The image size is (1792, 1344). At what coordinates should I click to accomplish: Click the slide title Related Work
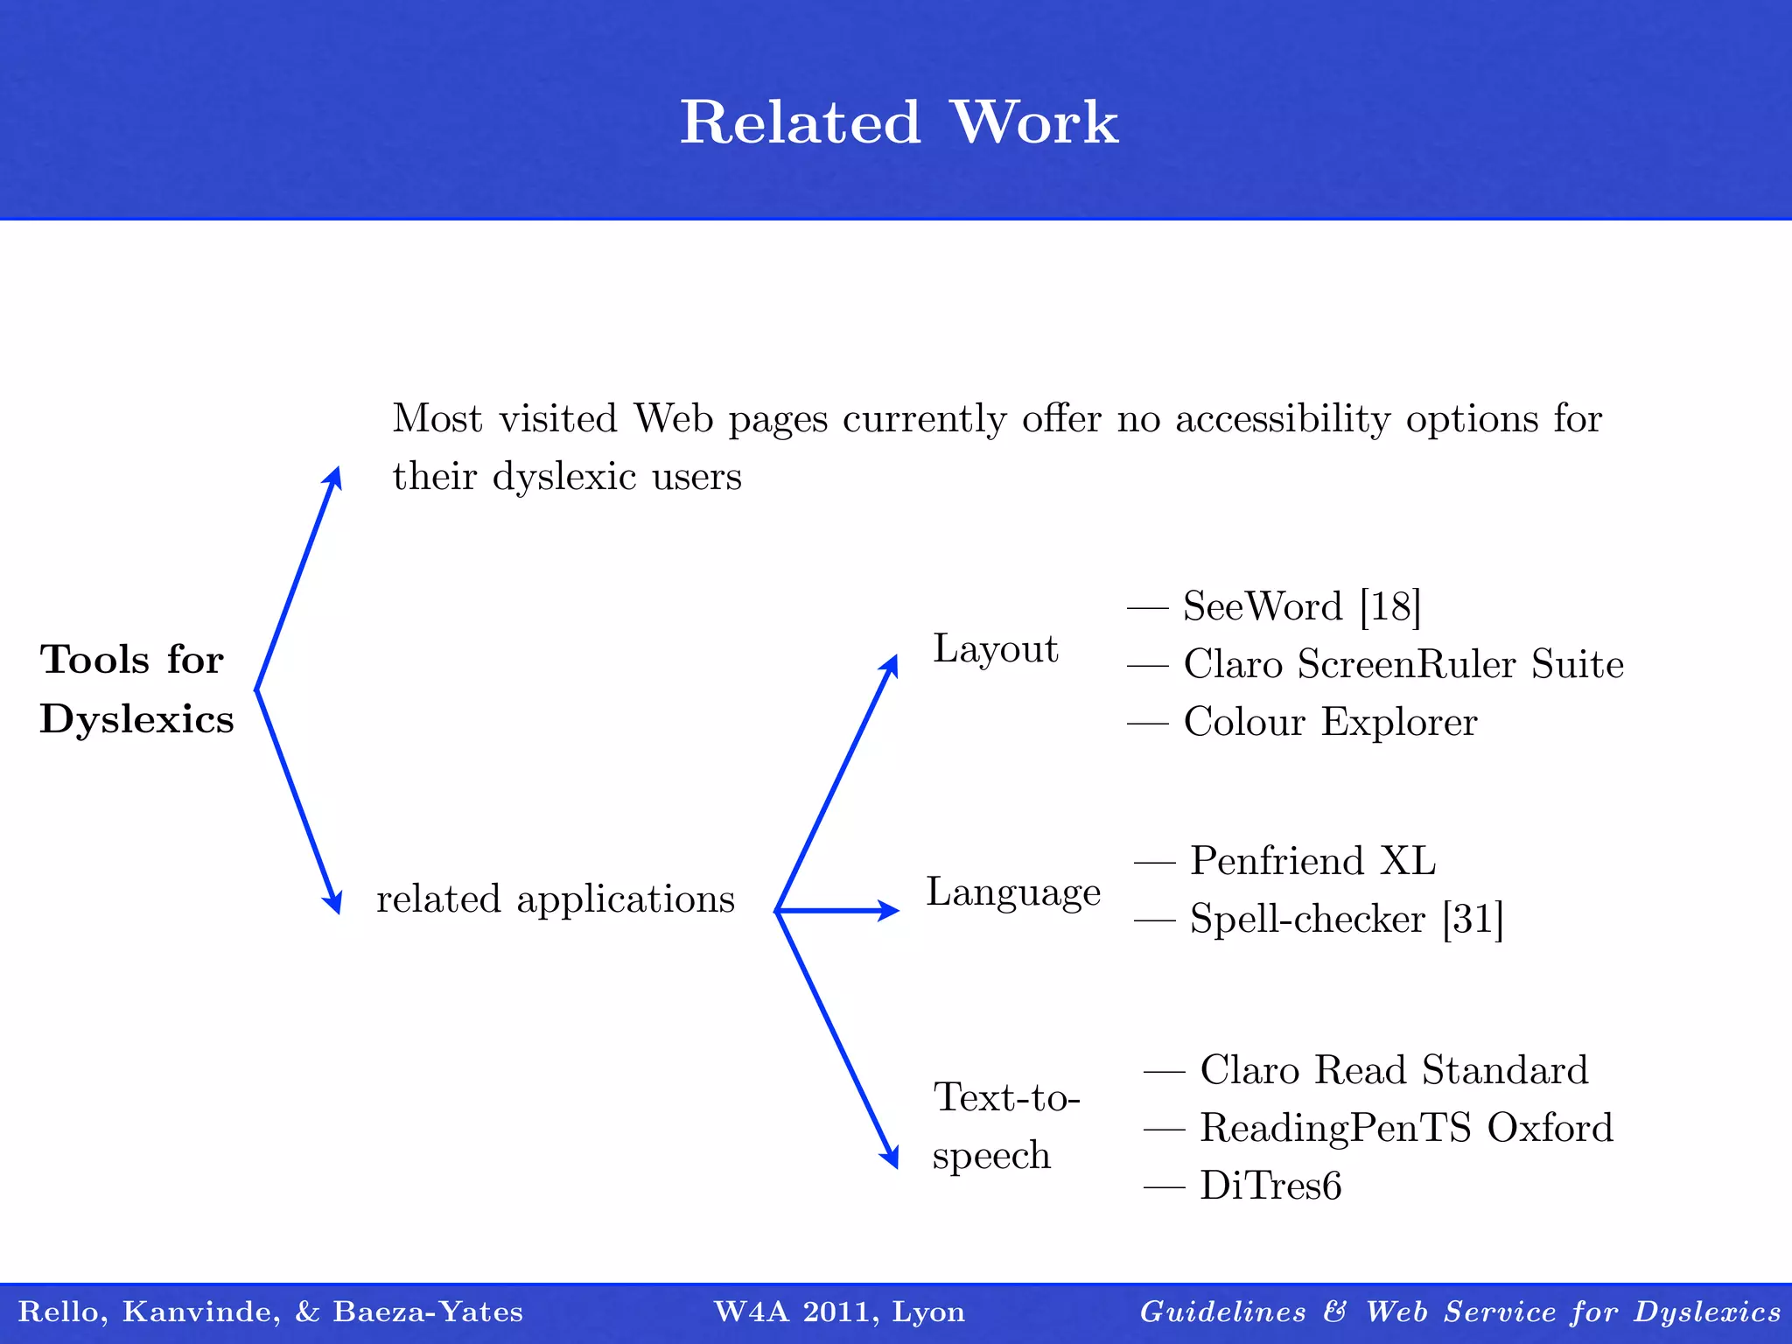(x=899, y=122)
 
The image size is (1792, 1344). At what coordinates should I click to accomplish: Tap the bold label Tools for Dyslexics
(x=136, y=689)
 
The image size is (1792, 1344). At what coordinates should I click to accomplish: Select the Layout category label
(x=996, y=649)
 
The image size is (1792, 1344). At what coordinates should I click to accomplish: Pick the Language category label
(x=1013, y=892)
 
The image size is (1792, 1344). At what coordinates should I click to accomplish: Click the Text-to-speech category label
(x=1006, y=1126)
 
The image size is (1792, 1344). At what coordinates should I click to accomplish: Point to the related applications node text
(x=556, y=899)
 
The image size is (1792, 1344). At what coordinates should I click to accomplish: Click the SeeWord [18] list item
(x=1301, y=606)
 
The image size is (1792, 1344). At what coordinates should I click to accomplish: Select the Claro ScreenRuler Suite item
(x=1403, y=664)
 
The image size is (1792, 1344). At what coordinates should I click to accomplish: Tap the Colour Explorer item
(x=1329, y=723)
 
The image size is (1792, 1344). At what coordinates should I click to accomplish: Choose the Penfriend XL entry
(x=1312, y=861)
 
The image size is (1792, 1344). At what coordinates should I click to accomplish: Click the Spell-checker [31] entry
(x=1346, y=920)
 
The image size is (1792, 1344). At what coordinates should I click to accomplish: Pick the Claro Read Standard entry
(x=1393, y=1070)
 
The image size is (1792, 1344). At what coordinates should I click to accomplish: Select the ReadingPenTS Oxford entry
(x=1405, y=1128)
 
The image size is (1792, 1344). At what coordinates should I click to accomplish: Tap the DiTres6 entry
(x=1270, y=1186)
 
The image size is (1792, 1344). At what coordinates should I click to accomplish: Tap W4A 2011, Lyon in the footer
(x=839, y=1312)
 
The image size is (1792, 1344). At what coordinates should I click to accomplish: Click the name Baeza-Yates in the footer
(x=428, y=1312)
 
